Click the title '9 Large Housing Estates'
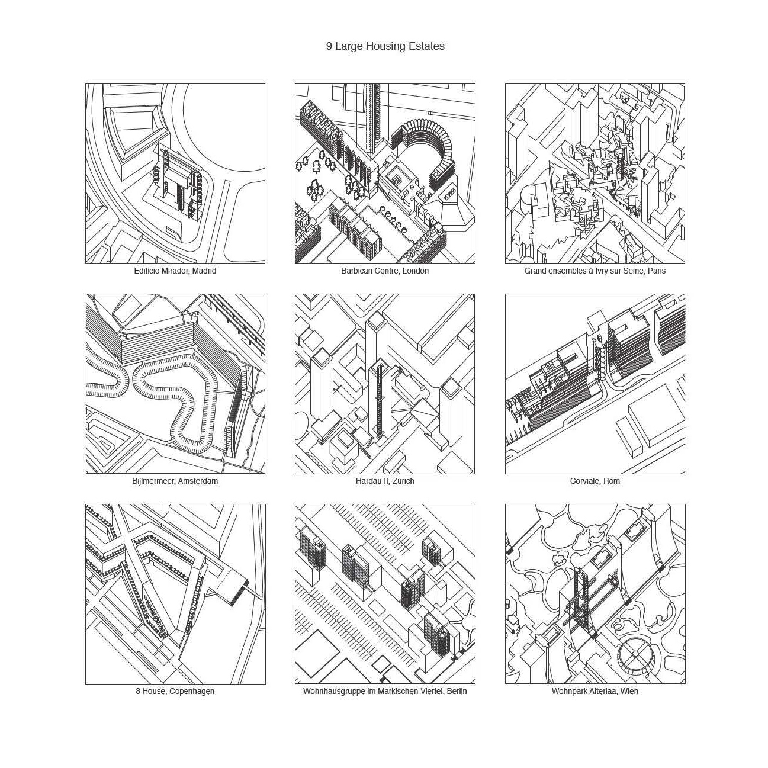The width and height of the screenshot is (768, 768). point(385,46)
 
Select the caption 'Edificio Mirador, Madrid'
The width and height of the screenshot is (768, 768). point(175,271)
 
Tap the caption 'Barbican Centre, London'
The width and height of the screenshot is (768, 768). point(385,271)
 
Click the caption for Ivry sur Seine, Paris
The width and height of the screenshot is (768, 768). point(595,271)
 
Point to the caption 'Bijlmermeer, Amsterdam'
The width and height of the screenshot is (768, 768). point(175,481)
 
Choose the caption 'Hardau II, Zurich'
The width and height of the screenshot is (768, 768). point(385,481)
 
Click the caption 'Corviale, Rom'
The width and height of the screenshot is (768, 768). point(595,481)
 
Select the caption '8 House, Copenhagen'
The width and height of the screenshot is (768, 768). point(175,691)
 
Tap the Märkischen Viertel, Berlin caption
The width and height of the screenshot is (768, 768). point(385,691)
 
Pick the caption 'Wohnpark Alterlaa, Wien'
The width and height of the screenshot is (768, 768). point(595,691)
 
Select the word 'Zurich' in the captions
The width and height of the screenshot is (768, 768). point(403,481)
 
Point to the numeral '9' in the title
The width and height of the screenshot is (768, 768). point(329,46)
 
